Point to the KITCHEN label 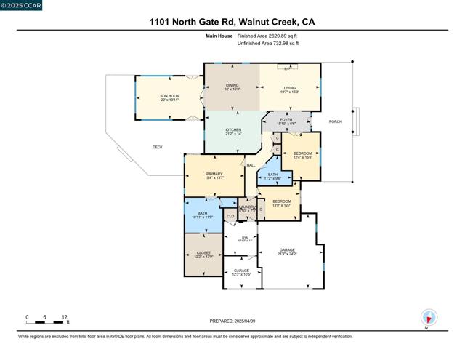point(233,132)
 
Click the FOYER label point(286,121)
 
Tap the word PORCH point(335,121)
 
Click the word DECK point(157,147)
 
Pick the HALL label point(251,166)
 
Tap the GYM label point(235,238)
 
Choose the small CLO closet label point(230,216)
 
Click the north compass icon point(429,318)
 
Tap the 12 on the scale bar point(65,318)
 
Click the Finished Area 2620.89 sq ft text point(268,35)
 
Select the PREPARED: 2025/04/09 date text point(232,321)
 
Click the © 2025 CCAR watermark point(22,6)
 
